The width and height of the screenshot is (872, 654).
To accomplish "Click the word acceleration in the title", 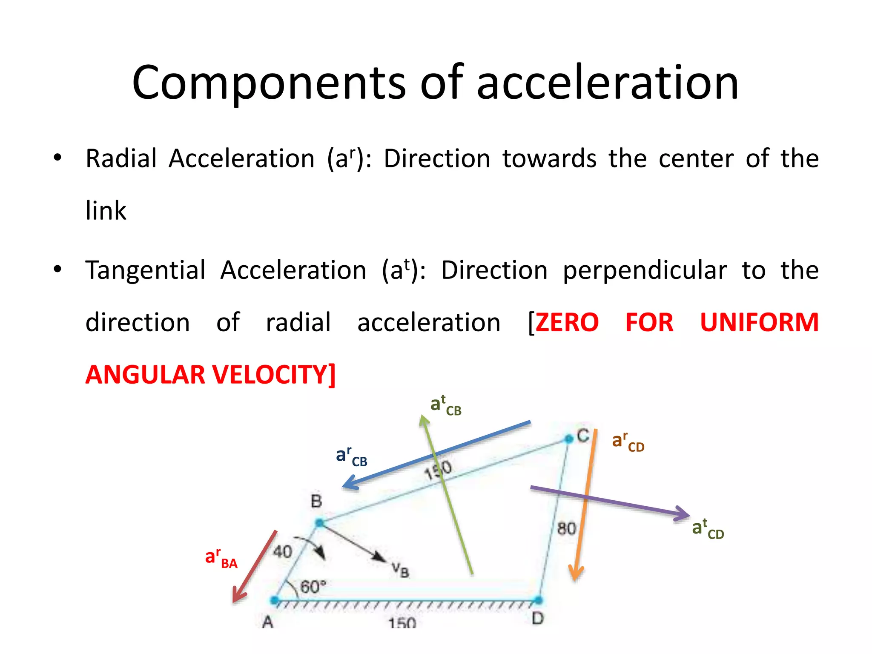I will coord(607,83).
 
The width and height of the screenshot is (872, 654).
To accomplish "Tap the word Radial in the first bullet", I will coord(121,159).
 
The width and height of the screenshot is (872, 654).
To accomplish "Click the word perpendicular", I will coord(645,270).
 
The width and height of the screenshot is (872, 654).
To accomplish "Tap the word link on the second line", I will coord(106,211).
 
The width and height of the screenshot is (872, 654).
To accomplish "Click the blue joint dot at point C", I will coord(569,439).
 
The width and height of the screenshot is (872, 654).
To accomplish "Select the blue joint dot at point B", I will coord(319,523).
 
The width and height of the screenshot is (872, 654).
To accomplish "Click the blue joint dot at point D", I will coord(538,600).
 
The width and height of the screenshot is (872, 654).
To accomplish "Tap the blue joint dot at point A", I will coord(275,600).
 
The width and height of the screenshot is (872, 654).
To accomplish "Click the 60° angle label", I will coord(313,587).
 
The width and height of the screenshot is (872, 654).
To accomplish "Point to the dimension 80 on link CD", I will coord(566,529).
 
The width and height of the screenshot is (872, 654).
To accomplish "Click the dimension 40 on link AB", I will coord(282,552).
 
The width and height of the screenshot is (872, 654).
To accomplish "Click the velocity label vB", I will coord(400,570).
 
